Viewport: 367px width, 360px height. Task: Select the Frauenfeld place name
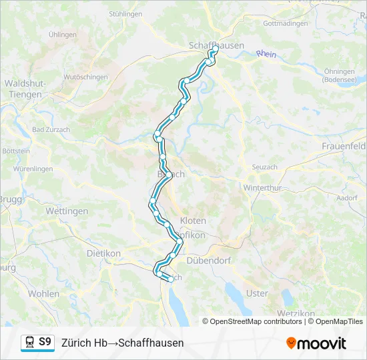click(x=344, y=145)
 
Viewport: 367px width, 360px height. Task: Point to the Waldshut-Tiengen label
click(x=25, y=89)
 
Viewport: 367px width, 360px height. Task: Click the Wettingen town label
click(x=67, y=211)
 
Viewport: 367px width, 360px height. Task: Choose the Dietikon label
click(x=103, y=253)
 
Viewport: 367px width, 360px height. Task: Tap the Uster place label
click(x=257, y=293)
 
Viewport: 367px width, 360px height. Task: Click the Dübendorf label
click(x=208, y=260)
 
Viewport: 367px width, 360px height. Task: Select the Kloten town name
click(x=193, y=220)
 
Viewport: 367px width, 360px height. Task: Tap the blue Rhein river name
click(x=266, y=54)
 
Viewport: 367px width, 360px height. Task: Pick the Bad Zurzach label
click(x=48, y=129)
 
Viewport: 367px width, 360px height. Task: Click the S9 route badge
click(x=45, y=342)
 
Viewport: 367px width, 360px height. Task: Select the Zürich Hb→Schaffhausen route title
click(x=122, y=343)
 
